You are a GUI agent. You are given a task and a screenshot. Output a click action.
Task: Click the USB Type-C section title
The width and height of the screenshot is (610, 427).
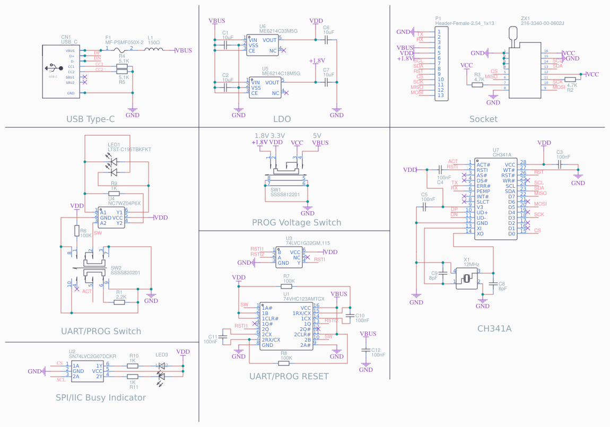(90, 119)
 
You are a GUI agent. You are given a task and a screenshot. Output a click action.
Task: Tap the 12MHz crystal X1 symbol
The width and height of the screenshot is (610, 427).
(467, 278)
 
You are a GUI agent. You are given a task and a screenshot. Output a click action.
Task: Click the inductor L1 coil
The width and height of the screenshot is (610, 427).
(154, 50)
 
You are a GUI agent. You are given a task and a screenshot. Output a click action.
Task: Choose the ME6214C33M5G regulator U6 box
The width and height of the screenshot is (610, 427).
(263, 45)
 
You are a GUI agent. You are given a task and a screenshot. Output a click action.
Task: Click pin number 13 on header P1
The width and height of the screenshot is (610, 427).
(440, 95)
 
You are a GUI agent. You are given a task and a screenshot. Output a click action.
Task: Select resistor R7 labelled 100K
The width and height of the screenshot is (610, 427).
(286, 286)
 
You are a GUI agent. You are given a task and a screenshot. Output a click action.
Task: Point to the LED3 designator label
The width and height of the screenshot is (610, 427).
(162, 354)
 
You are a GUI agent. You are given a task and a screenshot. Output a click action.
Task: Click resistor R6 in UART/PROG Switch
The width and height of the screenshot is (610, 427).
(76, 231)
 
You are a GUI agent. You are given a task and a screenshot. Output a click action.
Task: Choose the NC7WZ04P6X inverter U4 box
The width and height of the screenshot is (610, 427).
(112, 217)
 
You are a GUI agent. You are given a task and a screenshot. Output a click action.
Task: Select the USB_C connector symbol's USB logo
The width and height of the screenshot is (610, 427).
(52, 68)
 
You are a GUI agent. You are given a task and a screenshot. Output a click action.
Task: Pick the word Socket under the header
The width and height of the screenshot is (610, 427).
(483, 119)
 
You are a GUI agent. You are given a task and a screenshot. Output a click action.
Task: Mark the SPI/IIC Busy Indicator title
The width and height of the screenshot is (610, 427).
(101, 397)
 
